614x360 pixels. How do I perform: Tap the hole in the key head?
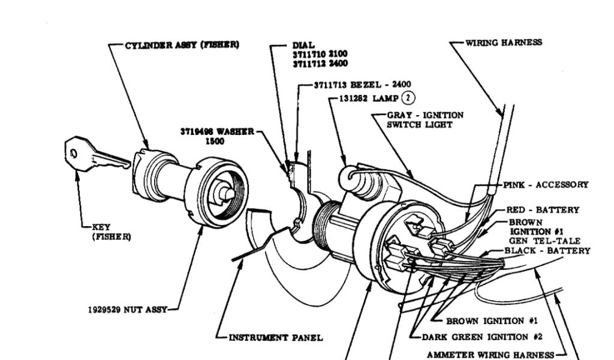73,154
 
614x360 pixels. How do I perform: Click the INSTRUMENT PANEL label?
275,338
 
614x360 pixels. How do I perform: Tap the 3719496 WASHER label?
217,131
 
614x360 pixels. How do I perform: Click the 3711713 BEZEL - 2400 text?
362,85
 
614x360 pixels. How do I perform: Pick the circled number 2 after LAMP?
408,98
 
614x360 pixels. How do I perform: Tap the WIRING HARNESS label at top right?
504,43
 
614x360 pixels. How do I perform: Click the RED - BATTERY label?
543,210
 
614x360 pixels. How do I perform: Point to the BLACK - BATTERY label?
547,250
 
